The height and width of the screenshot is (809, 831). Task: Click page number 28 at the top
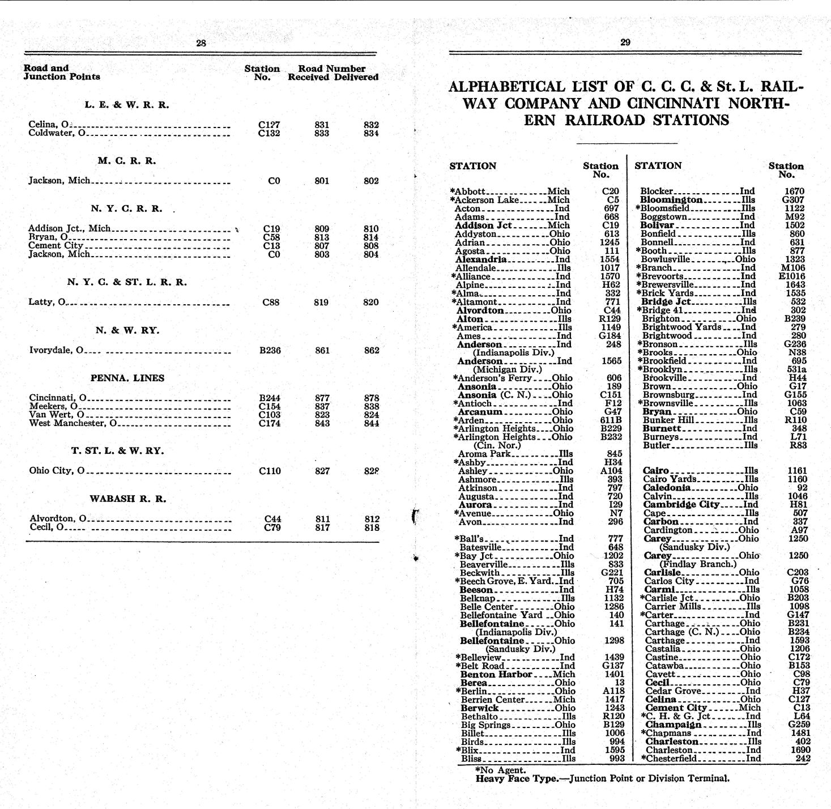click(201, 42)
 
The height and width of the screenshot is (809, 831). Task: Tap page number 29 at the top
click(625, 42)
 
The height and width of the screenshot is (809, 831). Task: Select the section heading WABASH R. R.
click(127, 499)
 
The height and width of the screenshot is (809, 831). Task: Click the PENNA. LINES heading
click(127, 378)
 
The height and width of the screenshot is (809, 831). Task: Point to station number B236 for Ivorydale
click(270, 350)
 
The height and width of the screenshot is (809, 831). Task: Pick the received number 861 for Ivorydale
click(322, 350)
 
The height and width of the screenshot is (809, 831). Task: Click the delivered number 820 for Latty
click(370, 302)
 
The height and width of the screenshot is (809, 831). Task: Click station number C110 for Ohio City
click(270, 471)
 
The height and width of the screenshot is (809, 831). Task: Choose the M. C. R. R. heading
click(126, 161)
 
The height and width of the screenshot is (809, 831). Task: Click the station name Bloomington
click(671, 200)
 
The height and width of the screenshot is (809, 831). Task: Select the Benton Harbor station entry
click(496, 674)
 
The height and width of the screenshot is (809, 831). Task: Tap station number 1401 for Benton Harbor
click(614, 674)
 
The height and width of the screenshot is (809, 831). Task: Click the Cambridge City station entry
click(681, 504)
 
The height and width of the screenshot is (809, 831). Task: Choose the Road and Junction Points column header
click(61, 72)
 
